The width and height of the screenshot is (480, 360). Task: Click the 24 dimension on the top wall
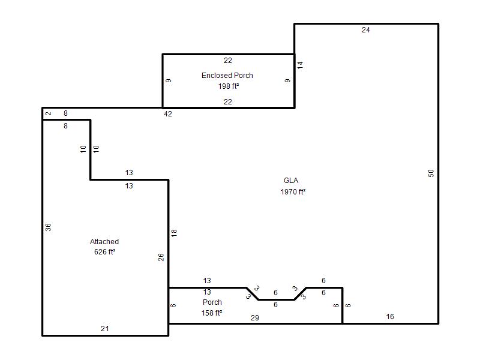(365, 30)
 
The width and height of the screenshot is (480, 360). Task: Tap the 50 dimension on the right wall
(431, 173)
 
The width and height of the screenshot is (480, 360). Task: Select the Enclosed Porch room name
(227, 76)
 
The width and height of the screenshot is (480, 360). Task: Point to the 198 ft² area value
(229, 86)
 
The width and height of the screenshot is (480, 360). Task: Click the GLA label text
(291, 181)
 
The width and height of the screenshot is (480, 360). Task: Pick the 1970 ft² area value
(293, 191)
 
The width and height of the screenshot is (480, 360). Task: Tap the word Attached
(104, 242)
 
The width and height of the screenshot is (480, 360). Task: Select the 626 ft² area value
(104, 252)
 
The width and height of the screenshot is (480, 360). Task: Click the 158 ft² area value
(212, 313)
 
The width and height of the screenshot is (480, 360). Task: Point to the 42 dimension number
(168, 114)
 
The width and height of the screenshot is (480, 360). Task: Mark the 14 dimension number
(300, 65)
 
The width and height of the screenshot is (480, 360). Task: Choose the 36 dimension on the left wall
(48, 227)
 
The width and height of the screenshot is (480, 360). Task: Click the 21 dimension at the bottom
(104, 329)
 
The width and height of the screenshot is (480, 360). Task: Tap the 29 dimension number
(254, 318)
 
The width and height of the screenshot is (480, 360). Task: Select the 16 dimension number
(389, 317)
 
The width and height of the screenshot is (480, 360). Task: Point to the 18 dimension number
(174, 233)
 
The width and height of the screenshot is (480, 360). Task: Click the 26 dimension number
(161, 257)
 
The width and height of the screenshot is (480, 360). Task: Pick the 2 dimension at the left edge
(48, 113)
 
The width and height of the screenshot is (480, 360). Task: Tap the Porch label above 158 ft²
(212, 302)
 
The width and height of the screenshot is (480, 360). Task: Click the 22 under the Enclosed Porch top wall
(228, 61)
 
